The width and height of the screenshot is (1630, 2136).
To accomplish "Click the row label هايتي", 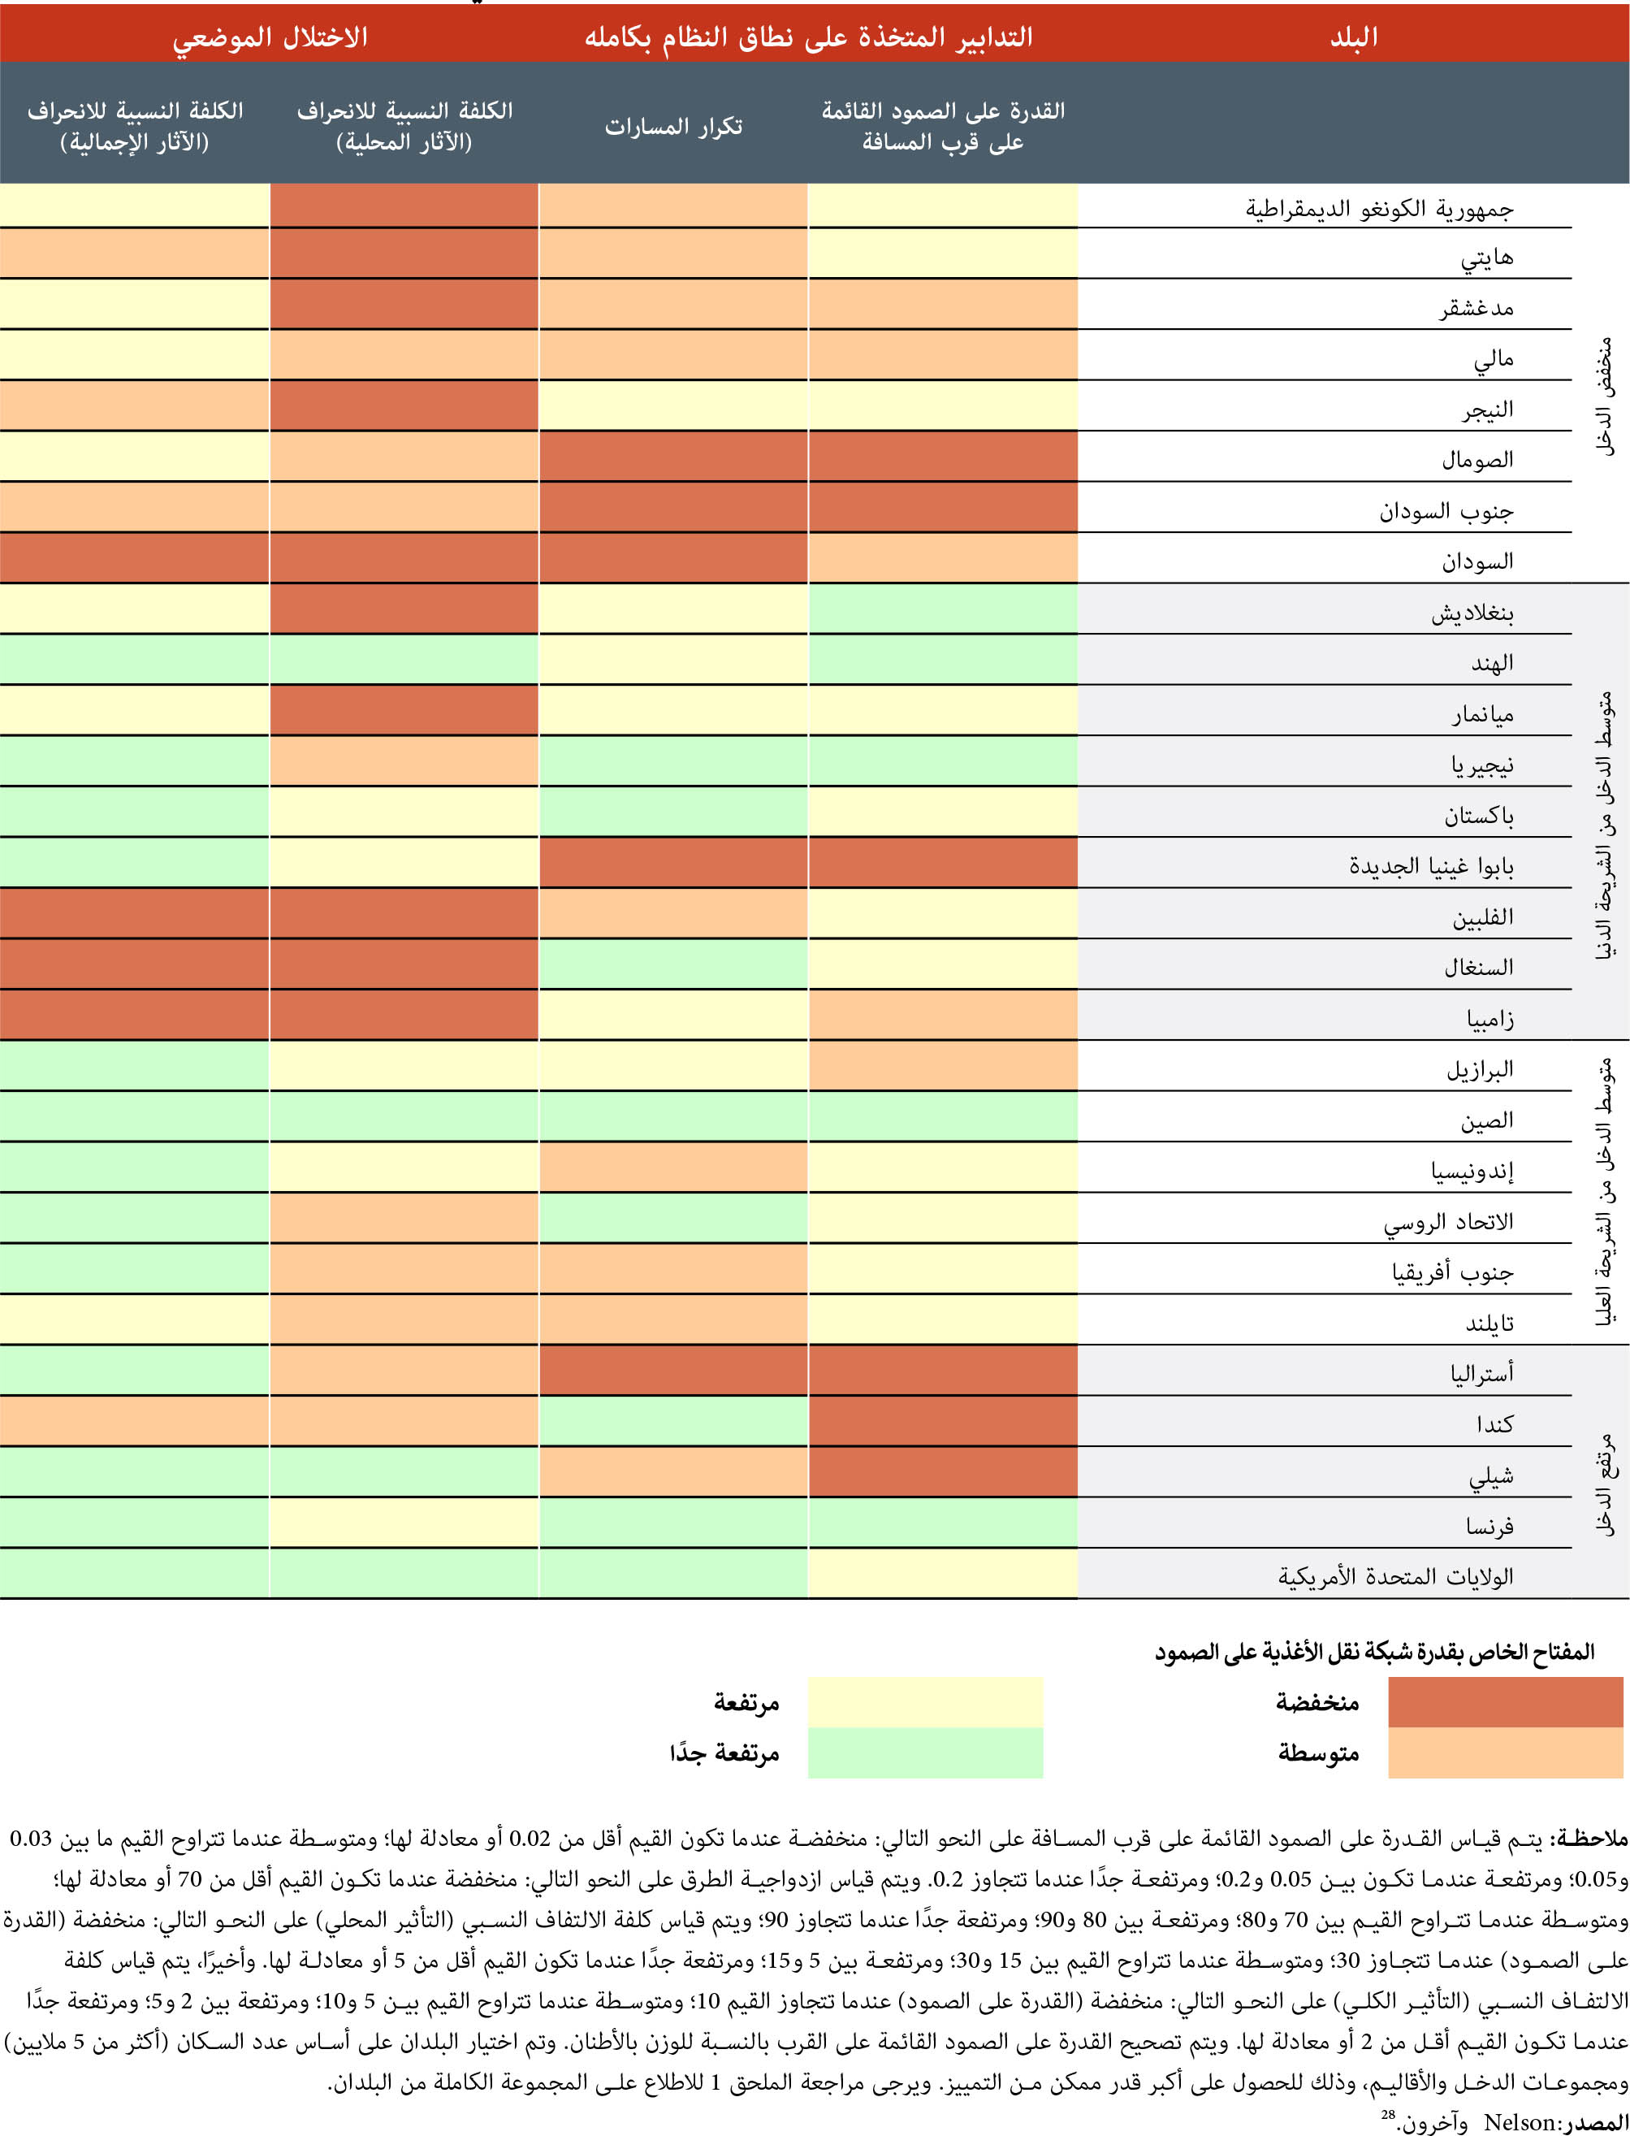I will click(1486, 258).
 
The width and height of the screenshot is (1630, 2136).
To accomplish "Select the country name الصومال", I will click(1477, 459).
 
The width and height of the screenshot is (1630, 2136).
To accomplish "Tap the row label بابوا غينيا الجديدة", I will click(1430, 864).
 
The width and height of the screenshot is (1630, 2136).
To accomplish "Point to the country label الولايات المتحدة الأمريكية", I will click(1395, 1576).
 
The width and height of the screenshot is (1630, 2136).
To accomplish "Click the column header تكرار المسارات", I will click(673, 126).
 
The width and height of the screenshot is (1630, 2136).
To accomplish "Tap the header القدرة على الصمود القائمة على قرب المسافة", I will click(943, 126).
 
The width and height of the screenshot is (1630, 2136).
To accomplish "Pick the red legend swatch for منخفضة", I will click(1505, 1701).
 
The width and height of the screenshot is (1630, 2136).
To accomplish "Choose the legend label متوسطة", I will click(1317, 1753).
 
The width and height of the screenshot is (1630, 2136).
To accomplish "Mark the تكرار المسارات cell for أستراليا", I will click(673, 1371).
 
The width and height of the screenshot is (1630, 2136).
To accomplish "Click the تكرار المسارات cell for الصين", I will click(673, 1117).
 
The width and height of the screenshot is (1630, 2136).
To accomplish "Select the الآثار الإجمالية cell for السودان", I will click(134, 559).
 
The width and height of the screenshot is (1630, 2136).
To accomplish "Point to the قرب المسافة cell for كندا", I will click(943, 1422).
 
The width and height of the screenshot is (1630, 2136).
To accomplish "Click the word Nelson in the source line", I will click(1520, 2121).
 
